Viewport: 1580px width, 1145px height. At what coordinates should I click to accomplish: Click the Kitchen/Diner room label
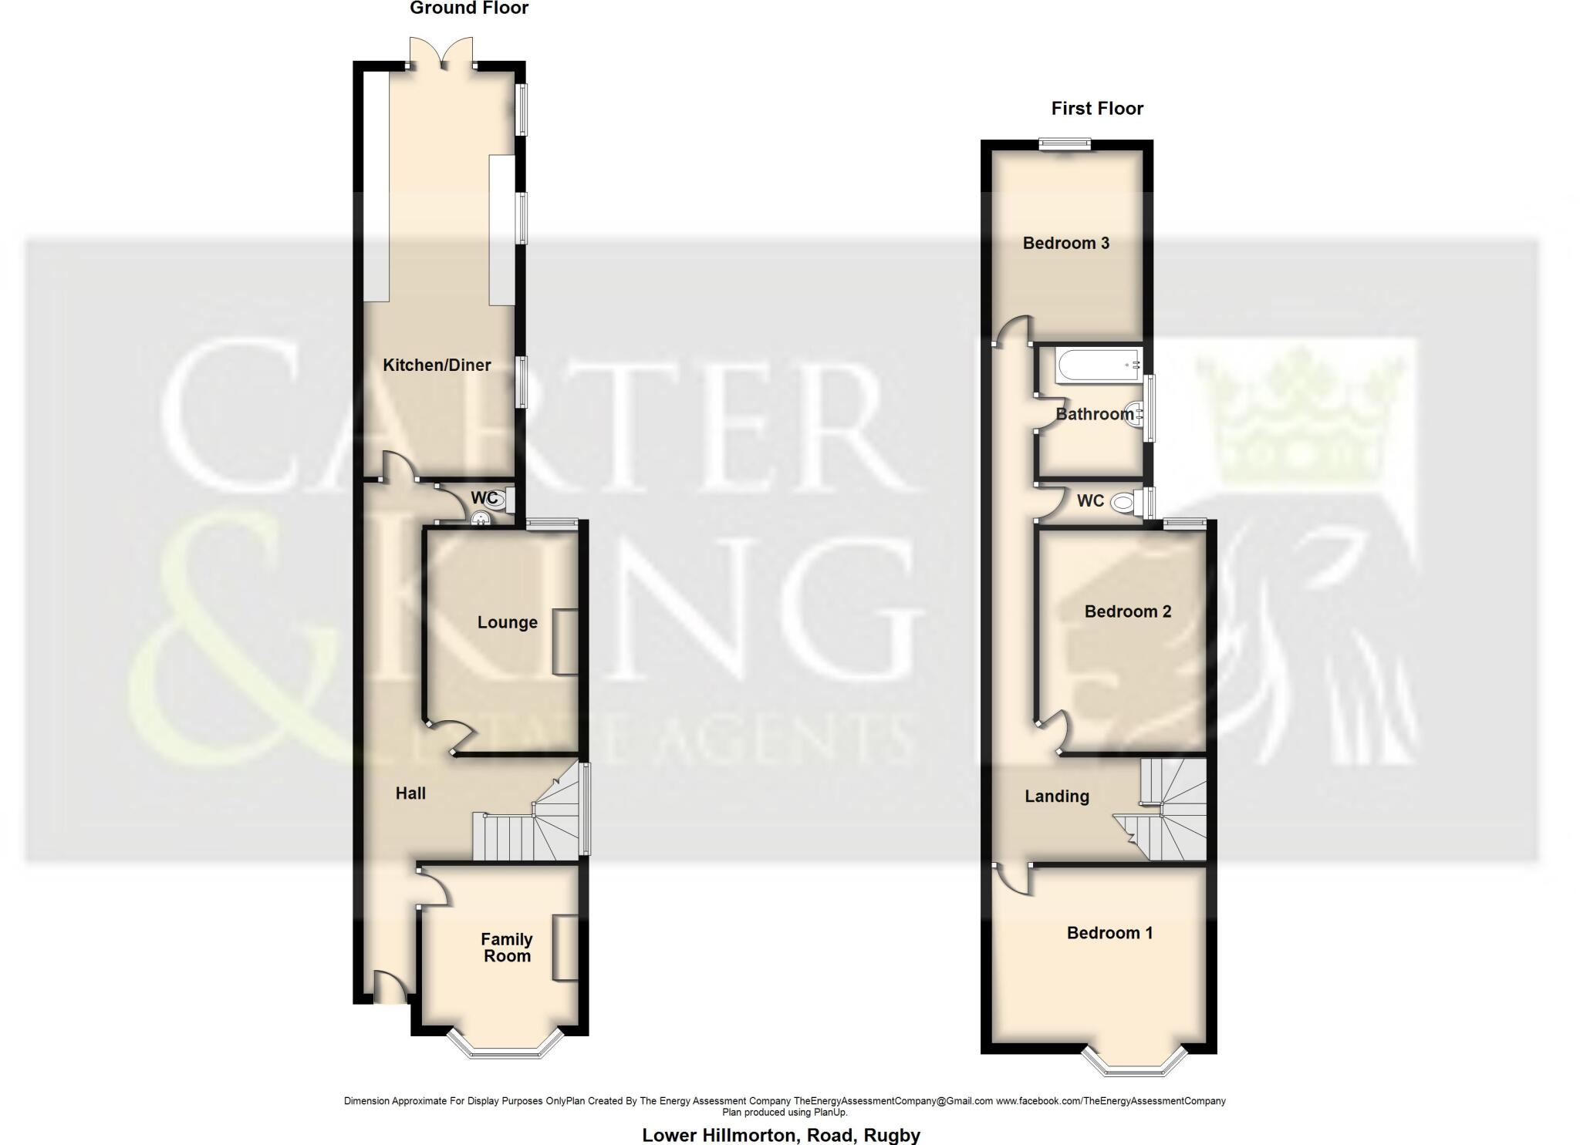437,365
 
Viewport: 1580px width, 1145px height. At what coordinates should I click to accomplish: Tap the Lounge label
507,622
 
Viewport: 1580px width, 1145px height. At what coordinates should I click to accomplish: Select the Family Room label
506,948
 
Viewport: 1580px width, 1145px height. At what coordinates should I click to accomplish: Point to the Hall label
410,793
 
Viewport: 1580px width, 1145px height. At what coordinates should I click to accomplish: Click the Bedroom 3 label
1065,243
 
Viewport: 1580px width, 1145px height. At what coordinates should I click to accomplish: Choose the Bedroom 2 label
1127,611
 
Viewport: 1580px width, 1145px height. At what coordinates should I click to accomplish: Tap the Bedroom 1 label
1109,933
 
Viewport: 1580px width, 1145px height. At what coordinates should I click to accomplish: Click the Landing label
1056,796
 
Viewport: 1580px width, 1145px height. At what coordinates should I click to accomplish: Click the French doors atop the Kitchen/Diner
441,54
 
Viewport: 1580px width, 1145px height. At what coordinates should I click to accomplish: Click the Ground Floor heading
468,8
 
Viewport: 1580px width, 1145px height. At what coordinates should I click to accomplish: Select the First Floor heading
1096,109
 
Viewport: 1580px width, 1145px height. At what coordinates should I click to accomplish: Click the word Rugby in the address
892,1135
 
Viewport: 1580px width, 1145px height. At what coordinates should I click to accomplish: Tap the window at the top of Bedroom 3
1064,143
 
